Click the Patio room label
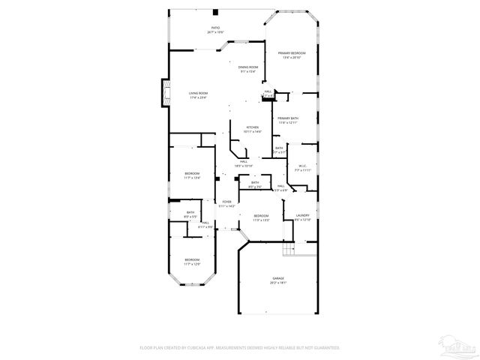click(x=215, y=28)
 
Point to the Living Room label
click(x=198, y=94)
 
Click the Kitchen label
click(x=253, y=128)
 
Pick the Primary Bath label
click(x=288, y=118)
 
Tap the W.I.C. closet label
click(x=303, y=166)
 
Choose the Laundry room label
click(x=302, y=217)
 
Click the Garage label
click(x=277, y=279)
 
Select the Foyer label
click(x=226, y=202)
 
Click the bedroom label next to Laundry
click(x=260, y=217)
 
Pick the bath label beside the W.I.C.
click(x=279, y=148)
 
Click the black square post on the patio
click(x=216, y=12)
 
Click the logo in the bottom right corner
click(x=458, y=346)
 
